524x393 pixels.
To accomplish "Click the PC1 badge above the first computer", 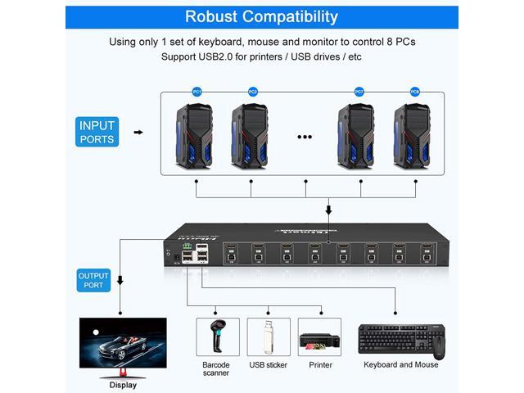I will click(x=196, y=92).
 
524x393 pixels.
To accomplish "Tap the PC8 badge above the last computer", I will click(x=415, y=92).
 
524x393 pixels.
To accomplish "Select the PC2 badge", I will click(x=253, y=92).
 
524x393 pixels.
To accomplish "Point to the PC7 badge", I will click(x=359, y=92).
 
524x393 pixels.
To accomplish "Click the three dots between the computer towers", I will click(x=305, y=137).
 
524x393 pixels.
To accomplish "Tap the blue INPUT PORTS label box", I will click(x=97, y=133).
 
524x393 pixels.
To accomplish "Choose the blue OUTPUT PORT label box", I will click(x=93, y=281).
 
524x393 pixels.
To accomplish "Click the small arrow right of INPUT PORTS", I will click(x=138, y=132).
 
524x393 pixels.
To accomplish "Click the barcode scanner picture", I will click(x=217, y=337).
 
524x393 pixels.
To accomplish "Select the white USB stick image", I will click(x=267, y=337).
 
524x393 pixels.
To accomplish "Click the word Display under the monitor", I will click(x=123, y=384).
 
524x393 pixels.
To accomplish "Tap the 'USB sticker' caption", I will click(x=269, y=365).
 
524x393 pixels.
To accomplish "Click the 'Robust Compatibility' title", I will click(x=262, y=16).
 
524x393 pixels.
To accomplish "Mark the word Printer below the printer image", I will click(x=319, y=365).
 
